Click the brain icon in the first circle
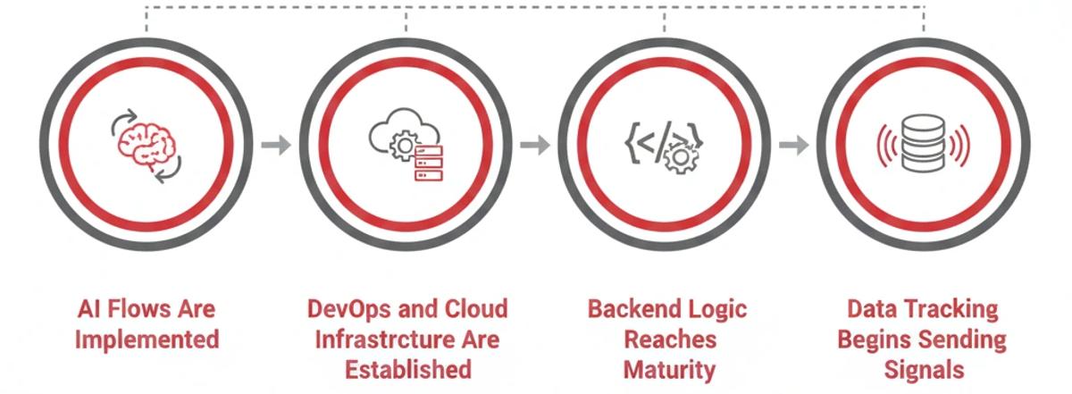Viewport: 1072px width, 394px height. tap(146, 146)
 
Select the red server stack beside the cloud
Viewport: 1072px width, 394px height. tap(428, 164)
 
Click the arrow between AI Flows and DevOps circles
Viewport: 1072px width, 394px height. tap(276, 145)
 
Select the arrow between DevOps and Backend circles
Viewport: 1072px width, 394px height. tap(534, 145)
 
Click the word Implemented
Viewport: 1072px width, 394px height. tap(147, 340)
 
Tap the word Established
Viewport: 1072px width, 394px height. tap(407, 369)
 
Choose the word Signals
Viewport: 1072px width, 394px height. tap(924, 369)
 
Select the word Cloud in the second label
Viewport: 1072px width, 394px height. tap(473, 309)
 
